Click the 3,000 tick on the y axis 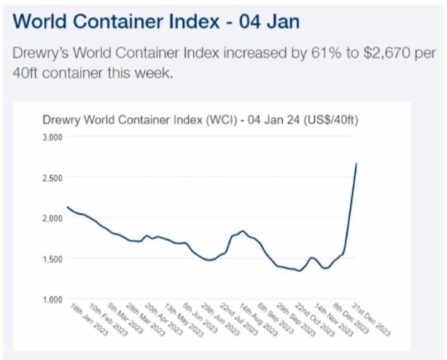53,137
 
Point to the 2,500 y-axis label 53,177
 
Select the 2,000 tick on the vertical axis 53,218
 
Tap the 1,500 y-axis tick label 53,259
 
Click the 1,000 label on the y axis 53,300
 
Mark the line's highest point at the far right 356,164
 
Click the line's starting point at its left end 67,207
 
